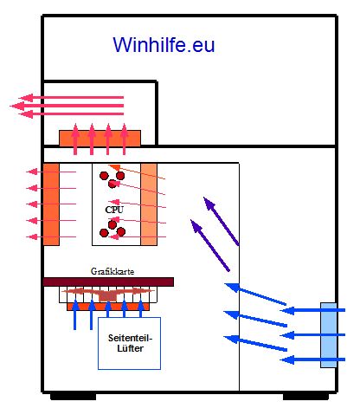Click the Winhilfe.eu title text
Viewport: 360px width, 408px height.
(164, 45)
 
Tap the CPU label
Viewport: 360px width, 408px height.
(114, 210)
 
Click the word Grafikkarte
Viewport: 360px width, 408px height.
(112, 271)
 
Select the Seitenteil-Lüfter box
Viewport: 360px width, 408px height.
(129, 343)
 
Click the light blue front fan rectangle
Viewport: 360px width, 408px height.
(329, 335)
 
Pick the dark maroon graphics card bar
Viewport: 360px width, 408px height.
(108, 282)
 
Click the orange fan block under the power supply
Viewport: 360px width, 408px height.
(100, 138)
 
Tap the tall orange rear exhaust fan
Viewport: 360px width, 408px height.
(51, 204)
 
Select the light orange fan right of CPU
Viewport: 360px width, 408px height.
(149, 204)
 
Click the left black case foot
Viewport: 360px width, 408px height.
(74, 396)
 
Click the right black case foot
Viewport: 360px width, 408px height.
(305, 396)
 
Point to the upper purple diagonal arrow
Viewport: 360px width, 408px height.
(222, 221)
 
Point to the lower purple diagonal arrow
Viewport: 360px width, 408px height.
(210, 245)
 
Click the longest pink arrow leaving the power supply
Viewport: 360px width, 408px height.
(67, 106)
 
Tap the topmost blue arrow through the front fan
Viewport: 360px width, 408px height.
(312, 310)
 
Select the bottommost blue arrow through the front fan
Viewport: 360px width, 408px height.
(312, 359)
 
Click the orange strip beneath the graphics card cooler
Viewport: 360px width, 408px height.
(108, 307)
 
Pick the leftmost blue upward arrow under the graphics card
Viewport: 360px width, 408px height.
(75, 314)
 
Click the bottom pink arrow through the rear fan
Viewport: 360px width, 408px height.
(51, 237)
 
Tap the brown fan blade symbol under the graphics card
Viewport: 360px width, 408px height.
(107, 294)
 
